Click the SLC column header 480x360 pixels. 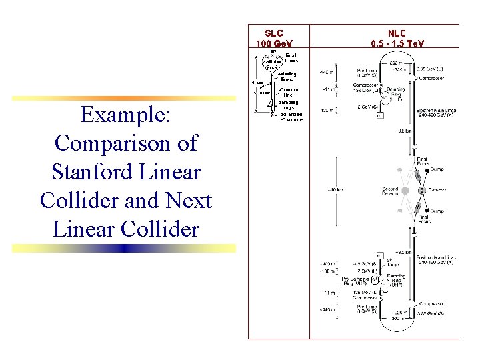[273, 33]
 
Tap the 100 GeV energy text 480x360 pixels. [273, 43]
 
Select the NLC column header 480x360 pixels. [397, 33]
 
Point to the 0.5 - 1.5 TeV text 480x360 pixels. [397, 43]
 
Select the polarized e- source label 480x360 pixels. [291, 117]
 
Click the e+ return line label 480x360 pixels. [288, 91]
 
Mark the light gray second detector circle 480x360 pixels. [404, 190]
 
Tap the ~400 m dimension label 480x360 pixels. [327, 264]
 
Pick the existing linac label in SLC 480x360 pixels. [287, 76]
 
